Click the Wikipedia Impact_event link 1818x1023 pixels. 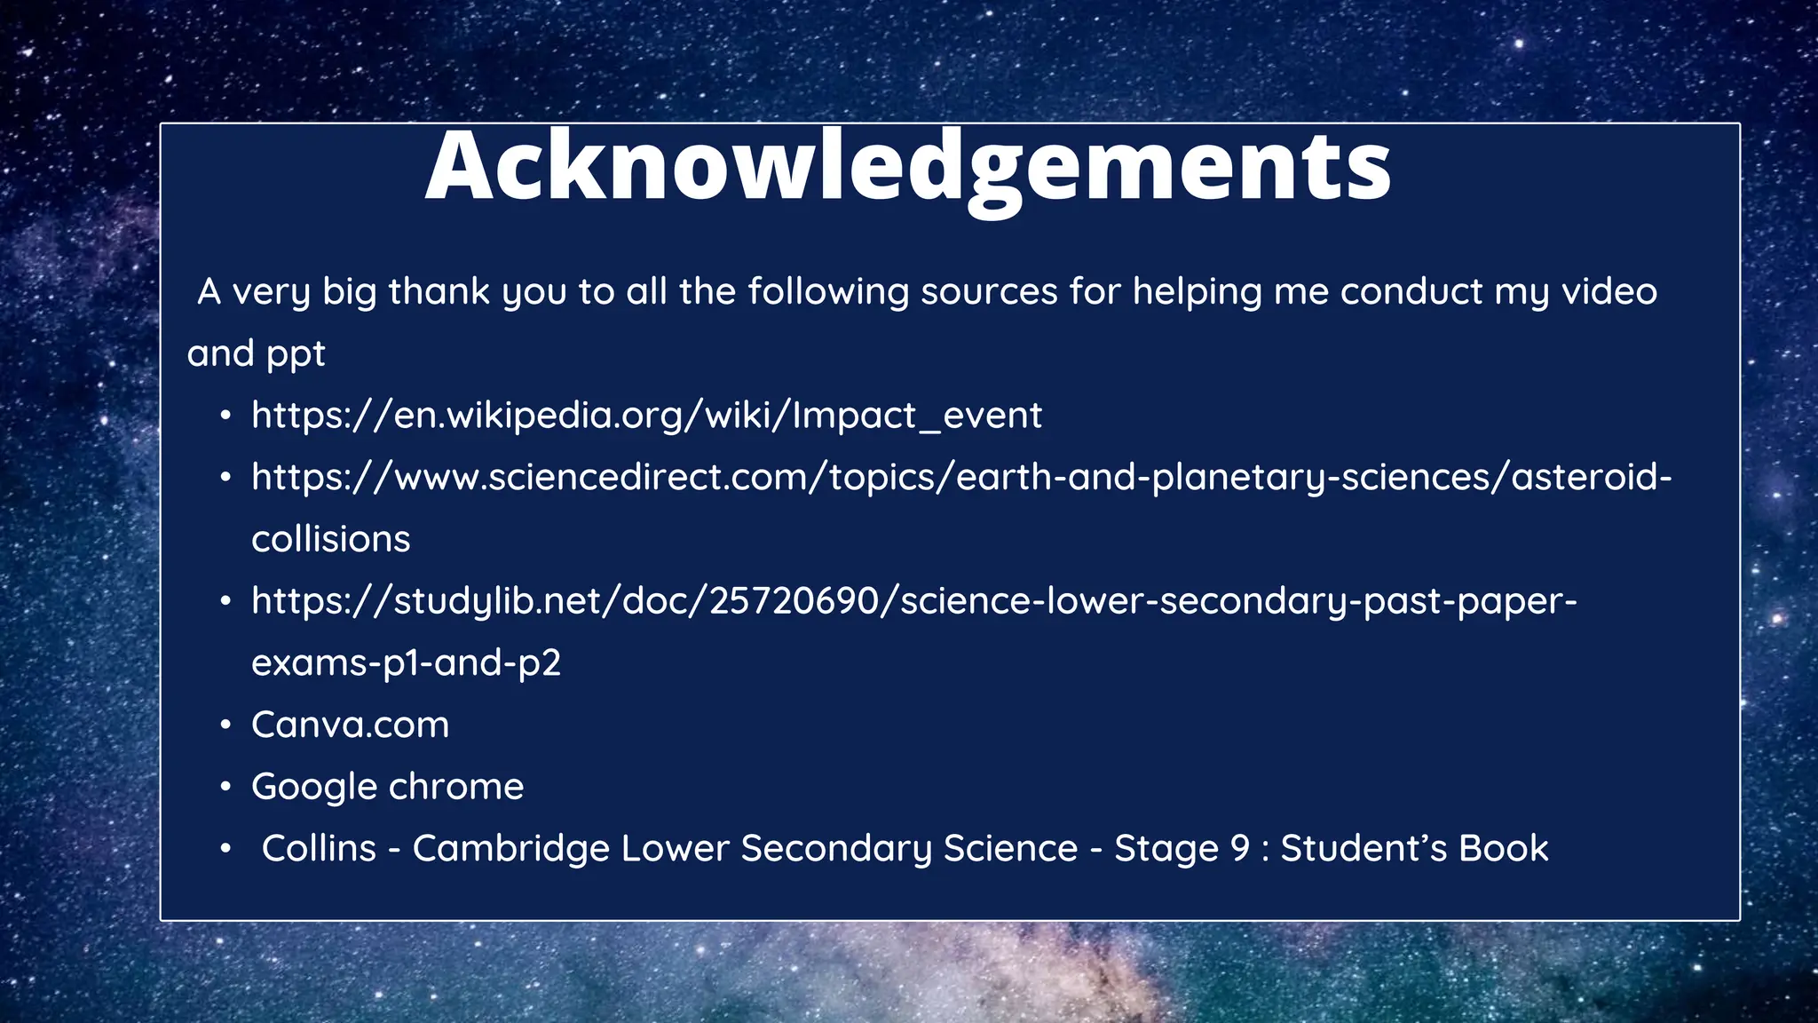(646, 416)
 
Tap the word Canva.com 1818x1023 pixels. (350, 725)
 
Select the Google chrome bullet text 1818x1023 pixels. (387, 787)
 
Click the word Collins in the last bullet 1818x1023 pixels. (319, 848)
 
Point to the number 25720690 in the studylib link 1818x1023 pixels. (793, 601)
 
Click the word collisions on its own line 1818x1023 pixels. (330, 539)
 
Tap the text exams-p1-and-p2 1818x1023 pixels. (406, 663)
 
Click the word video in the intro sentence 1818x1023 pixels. (1609, 291)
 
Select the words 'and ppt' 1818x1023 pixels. (256, 353)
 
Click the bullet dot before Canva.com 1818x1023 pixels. (226, 726)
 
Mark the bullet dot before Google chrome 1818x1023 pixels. (226, 788)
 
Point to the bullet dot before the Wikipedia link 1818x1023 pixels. (226, 416)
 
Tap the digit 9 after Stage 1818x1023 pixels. (1239, 848)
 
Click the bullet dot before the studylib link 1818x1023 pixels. (226, 601)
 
